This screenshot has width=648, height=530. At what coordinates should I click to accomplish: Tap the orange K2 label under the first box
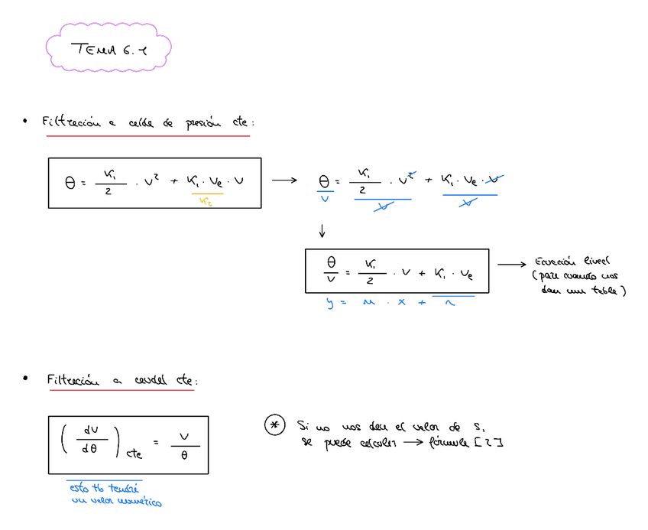[206, 201]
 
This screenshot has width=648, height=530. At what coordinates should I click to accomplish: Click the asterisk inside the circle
[274, 426]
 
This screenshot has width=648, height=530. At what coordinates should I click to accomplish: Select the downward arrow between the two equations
[322, 230]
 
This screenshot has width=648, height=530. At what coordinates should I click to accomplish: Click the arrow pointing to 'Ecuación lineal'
[512, 265]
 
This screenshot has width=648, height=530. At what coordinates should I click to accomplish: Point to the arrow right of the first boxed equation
[283, 180]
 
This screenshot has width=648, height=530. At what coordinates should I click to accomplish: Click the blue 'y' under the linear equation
[331, 304]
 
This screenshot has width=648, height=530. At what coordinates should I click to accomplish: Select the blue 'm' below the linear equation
[369, 304]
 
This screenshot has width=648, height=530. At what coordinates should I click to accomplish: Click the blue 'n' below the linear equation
[451, 304]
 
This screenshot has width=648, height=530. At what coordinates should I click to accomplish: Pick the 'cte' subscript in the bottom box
[134, 454]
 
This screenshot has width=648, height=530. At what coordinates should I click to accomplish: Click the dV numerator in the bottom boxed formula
[89, 431]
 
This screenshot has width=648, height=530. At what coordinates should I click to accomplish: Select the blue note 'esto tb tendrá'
[105, 487]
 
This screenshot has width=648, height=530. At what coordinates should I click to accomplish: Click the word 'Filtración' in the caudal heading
[73, 379]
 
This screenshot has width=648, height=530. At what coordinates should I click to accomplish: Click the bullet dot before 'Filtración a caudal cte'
[25, 379]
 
